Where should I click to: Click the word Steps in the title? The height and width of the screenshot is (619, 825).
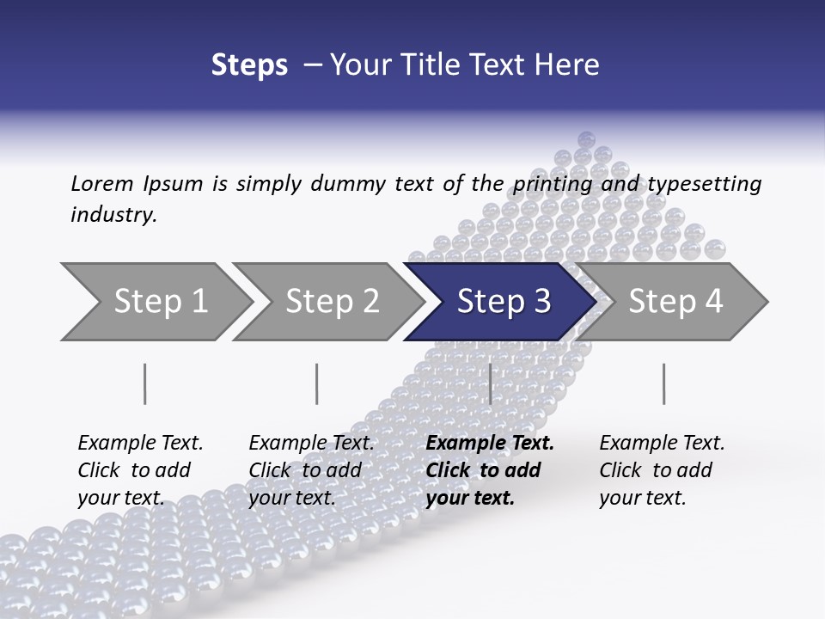pyautogui.click(x=249, y=65)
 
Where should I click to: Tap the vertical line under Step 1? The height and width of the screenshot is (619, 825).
pyautogui.click(x=144, y=383)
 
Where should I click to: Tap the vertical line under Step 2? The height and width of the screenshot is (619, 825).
pyautogui.click(x=317, y=383)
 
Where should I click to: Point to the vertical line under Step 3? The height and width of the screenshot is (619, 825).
pyautogui.click(x=490, y=383)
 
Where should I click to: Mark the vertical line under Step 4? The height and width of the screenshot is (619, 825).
pyautogui.click(x=663, y=383)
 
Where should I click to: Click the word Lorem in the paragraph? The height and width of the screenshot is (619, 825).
pyautogui.click(x=101, y=184)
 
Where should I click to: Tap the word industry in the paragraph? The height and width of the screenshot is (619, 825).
pyautogui.click(x=113, y=215)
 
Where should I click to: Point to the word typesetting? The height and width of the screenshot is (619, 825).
pyautogui.click(x=704, y=184)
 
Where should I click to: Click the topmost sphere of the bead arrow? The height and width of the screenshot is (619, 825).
pyautogui.click(x=587, y=139)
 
